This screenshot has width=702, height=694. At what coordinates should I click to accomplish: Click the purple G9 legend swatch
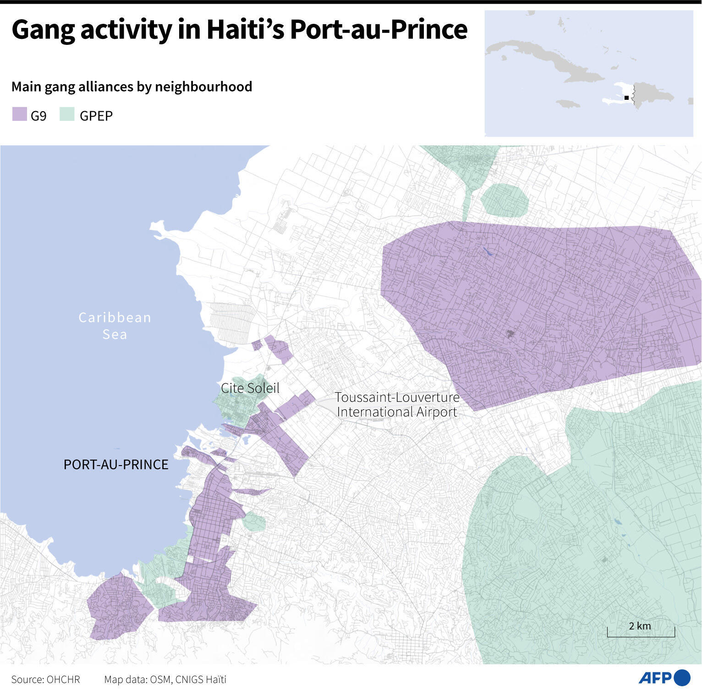pyautogui.click(x=20, y=114)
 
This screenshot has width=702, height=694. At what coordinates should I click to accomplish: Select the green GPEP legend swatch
pyautogui.click(x=67, y=114)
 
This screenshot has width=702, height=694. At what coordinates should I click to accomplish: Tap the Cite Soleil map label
pyautogui.click(x=250, y=388)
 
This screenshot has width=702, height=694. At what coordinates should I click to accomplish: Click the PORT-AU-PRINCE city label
pyautogui.click(x=116, y=465)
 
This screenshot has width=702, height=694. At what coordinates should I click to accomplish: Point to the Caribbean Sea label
pyautogui.click(x=115, y=325)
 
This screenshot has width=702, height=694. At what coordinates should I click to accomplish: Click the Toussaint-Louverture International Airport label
pyautogui.click(x=397, y=405)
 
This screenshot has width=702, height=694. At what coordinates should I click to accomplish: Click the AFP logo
pyautogui.click(x=655, y=678)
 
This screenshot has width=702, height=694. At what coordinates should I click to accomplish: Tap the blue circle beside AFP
pyautogui.click(x=682, y=678)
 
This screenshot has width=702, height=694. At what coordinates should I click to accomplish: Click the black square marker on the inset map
pyautogui.click(x=626, y=98)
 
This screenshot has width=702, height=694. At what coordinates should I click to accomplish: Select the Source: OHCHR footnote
pyautogui.click(x=46, y=679)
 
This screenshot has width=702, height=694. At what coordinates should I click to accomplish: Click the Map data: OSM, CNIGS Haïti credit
pyautogui.click(x=165, y=679)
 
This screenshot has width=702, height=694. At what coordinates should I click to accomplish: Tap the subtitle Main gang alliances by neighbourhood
pyautogui.click(x=132, y=87)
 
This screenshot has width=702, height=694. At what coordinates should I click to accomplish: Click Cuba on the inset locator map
pyautogui.click(x=550, y=60)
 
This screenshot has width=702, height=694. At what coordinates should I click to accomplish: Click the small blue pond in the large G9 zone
pyautogui.click(x=487, y=251)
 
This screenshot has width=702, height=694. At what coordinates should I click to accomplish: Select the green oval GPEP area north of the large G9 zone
pyautogui.click(x=505, y=200)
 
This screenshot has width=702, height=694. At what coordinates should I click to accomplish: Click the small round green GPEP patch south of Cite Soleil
pyautogui.click(x=254, y=521)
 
